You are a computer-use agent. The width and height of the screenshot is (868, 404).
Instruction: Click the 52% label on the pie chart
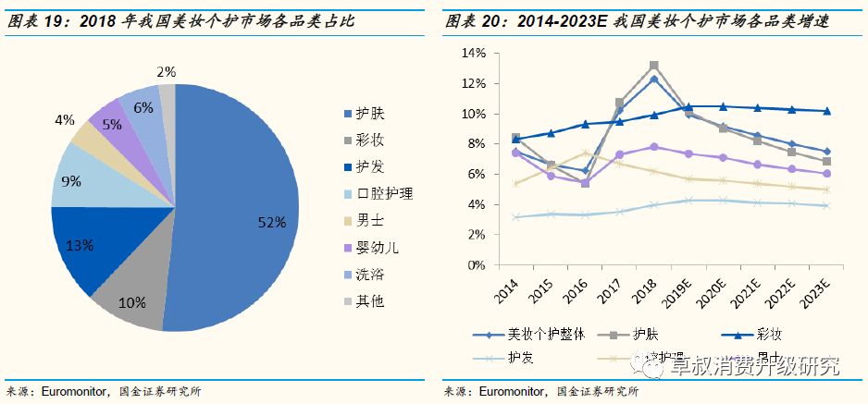coord(272,222)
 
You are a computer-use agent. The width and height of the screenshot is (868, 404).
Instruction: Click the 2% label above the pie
coord(166,71)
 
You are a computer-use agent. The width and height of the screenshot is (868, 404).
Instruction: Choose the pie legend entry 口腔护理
coord(379,193)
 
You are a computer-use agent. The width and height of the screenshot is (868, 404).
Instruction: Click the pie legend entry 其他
coord(367,300)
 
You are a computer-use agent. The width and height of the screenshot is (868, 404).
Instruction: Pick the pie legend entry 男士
coord(367,220)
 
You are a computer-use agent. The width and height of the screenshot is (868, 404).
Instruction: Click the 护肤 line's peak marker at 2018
coord(653,66)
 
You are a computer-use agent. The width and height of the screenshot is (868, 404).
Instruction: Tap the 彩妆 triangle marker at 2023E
coord(826,111)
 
